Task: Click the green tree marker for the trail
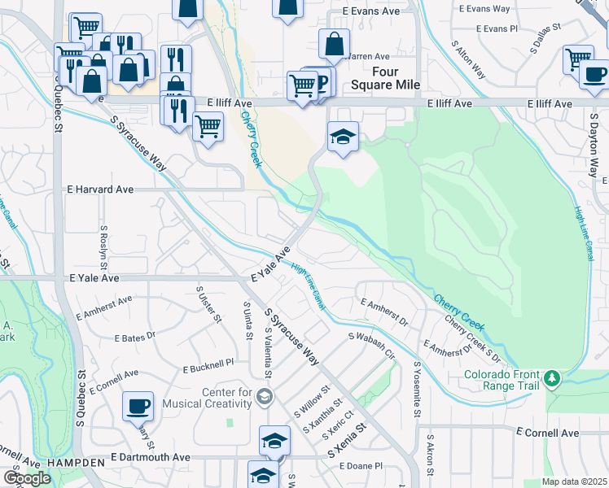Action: (x=553, y=379)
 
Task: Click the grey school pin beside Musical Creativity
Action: (x=264, y=397)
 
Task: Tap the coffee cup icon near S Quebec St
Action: (x=138, y=406)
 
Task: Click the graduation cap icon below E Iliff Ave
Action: (x=343, y=137)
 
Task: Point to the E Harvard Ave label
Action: (x=99, y=190)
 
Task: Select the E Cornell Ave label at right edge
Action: (x=548, y=434)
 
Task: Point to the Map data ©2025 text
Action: (x=574, y=481)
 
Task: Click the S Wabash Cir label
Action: (x=371, y=346)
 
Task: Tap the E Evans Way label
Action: (x=484, y=9)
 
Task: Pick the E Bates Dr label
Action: (x=134, y=337)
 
